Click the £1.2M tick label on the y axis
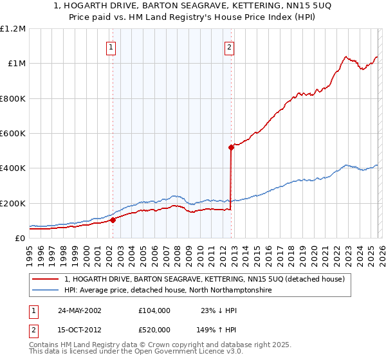[13, 28]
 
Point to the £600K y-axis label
[13, 134]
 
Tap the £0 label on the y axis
[19, 239]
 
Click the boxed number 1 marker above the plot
[112, 46]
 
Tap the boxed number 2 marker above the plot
[229, 46]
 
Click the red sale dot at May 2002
[113, 220]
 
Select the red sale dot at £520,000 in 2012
[231, 147]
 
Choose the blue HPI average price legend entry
[167, 291]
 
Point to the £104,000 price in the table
[154, 310]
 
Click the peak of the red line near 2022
[346, 56]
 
